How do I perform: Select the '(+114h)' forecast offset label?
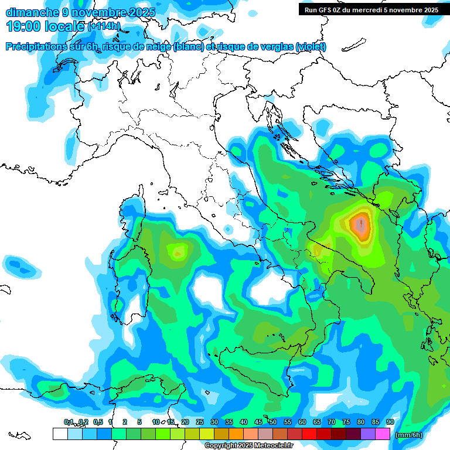(104, 26)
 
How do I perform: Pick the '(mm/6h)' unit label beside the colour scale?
(409, 435)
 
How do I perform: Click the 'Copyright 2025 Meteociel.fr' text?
(249, 446)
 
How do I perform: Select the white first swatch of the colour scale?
(60, 434)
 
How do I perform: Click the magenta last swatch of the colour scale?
(382, 434)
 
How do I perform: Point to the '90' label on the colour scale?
(390, 422)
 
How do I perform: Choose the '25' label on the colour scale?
(200, 422)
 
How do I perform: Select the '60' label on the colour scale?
(302, 422)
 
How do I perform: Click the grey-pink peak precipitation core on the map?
(361, 226)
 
